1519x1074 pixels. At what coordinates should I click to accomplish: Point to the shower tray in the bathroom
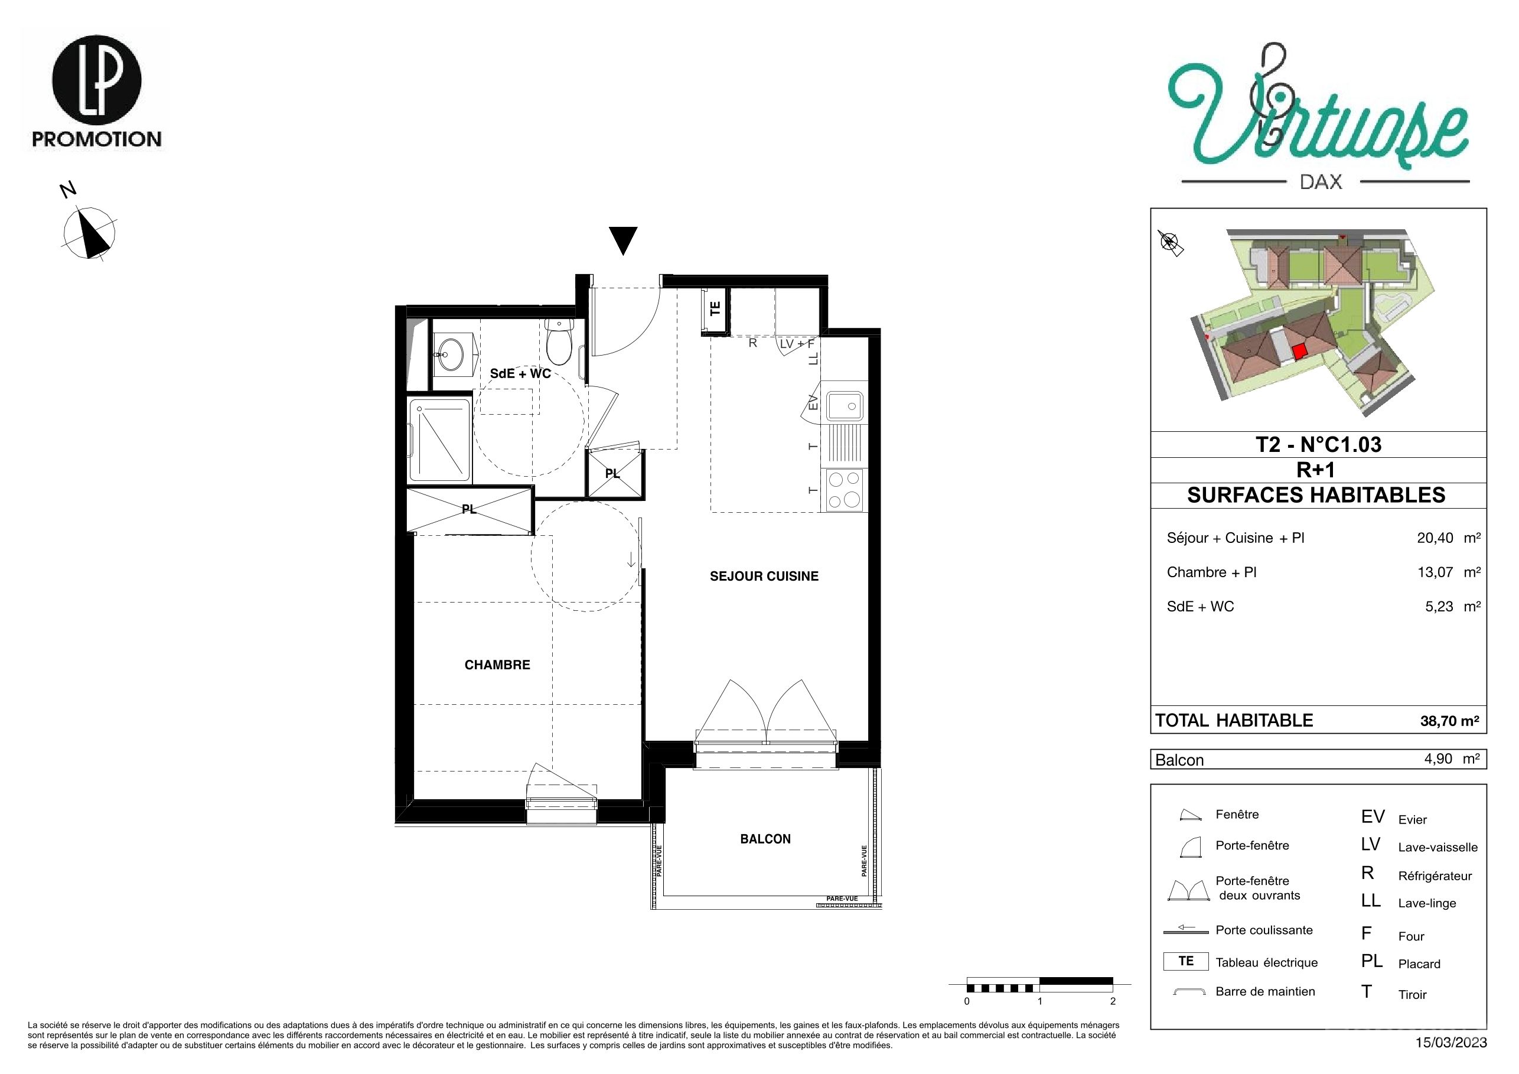click(439, 440)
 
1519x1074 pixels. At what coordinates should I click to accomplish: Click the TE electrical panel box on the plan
click(715, 309)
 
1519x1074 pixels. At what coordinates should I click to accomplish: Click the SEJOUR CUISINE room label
click(764, 577)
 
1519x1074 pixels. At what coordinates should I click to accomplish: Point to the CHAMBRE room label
click(497, 665)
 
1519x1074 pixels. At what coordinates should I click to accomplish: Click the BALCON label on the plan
click(765, 839)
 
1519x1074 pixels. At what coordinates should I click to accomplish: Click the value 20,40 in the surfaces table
click(1435, 538)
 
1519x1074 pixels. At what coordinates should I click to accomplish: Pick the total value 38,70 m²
click(1449, 721)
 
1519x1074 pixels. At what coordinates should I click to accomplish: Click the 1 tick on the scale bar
click(1040, 1001)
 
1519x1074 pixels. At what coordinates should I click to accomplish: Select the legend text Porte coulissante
click(1264, 930)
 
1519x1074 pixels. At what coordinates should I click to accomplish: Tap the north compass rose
click(89, 232)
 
